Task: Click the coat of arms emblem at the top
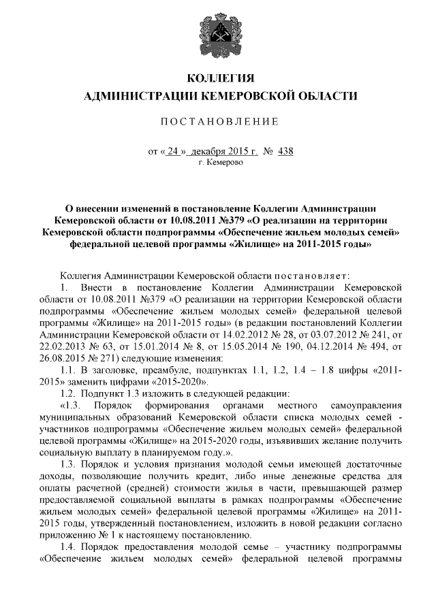219,35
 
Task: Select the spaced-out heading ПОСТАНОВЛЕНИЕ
219,122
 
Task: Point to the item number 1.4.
68,547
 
